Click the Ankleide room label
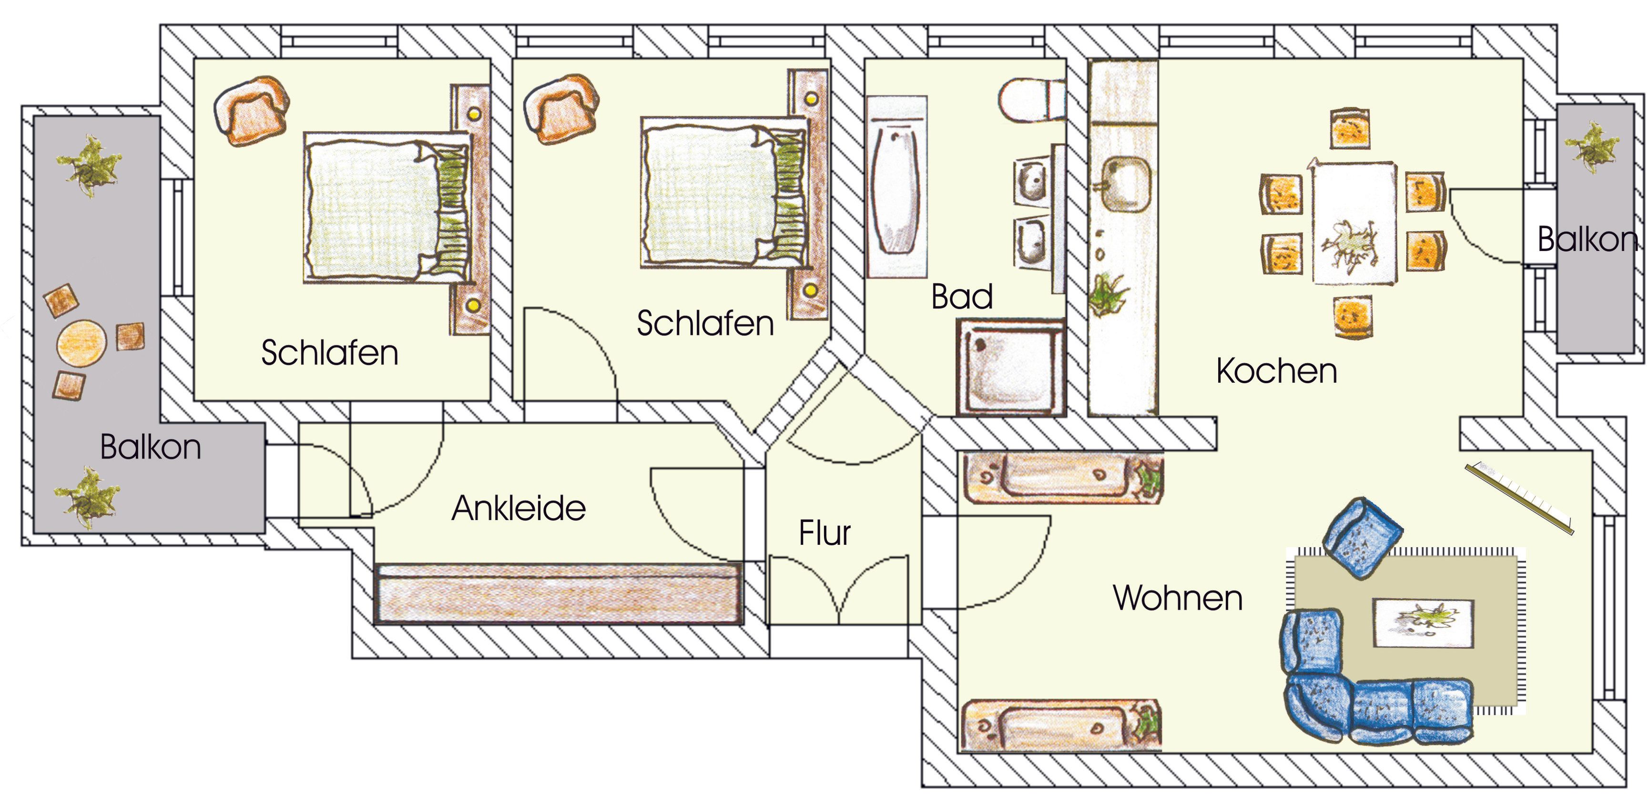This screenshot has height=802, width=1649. [x=519, y=509]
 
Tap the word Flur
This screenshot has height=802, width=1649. [x=824, y=533]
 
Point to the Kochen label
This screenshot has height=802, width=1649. [x=1276, y=371]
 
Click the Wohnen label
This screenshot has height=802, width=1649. [x=1178, y=598]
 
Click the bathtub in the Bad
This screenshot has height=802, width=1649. [x=897, y=187]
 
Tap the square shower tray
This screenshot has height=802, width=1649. [x=1011, y=367]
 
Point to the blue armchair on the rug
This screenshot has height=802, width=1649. [x=1362, y=538]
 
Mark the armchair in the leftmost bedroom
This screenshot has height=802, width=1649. [x=252, y=112]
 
